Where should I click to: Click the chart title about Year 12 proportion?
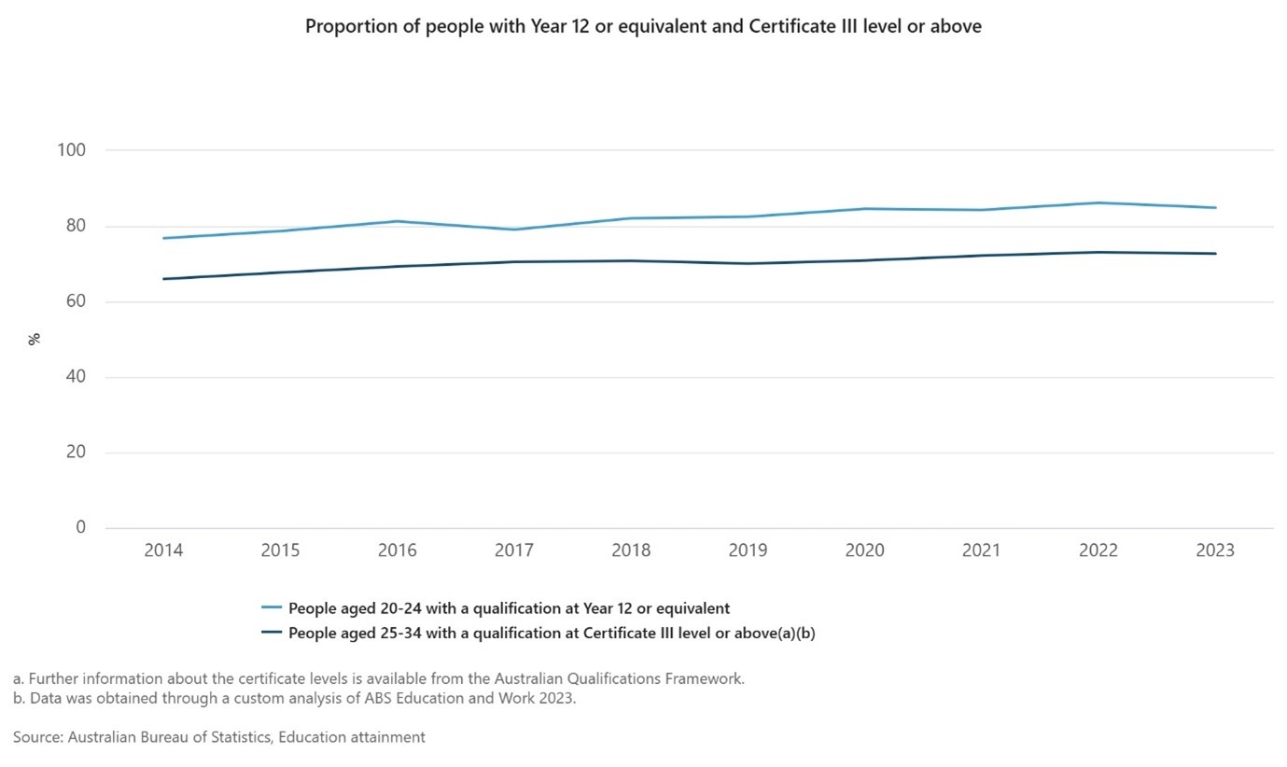click(643, 27)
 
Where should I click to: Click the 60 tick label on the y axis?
click(77, 301)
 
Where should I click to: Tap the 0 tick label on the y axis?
click(80, 528)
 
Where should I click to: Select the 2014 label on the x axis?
click(163, 551)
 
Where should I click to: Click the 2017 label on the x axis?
click(514, 551)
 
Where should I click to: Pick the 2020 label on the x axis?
click(864, 551)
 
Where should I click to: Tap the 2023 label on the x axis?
click(1215, 551)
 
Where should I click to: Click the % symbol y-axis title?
click(35, 339)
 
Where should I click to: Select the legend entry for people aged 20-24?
click(509, 608)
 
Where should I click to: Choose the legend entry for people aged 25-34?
click(552, 633)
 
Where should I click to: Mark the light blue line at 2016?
click(398, 221)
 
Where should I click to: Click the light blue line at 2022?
click(1098, 202)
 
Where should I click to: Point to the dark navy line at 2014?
click(164, 279)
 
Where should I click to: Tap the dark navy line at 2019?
click(748, 263)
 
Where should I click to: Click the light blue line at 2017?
click(514, 230)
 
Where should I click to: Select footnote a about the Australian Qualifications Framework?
click(379, 678)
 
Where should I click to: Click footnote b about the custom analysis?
click(294, 699)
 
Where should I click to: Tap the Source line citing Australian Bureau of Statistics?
click(219, 737)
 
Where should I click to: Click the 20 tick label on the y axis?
click(77, 453)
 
